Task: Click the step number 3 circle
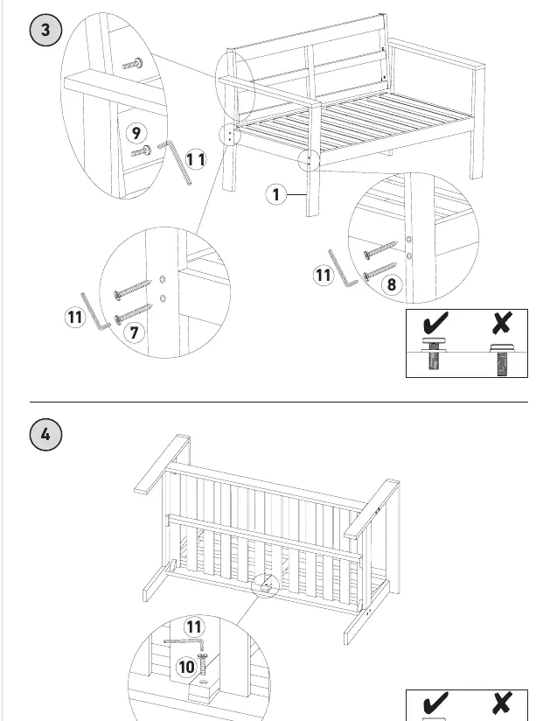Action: (45, 31)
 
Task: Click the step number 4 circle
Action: (45, 435)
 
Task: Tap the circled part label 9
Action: (136, 133)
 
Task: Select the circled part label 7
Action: (134, 332)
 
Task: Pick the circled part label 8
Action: (392, 284)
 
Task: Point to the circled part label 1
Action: (275, 194)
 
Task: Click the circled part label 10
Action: (186, 667)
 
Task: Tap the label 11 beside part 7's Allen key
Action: (74, 318)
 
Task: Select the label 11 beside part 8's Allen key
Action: (323, 276)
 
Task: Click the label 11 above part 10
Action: (194, 627)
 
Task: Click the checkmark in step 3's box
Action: (435, 322)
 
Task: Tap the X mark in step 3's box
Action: (501, 323)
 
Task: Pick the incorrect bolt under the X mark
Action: (501, 360)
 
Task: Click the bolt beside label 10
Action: (202, 664)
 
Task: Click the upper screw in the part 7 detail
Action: (133, 290)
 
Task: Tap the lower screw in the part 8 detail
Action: (380, 271)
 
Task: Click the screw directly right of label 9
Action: (142, 150)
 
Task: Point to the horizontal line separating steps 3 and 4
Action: (279, 402)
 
